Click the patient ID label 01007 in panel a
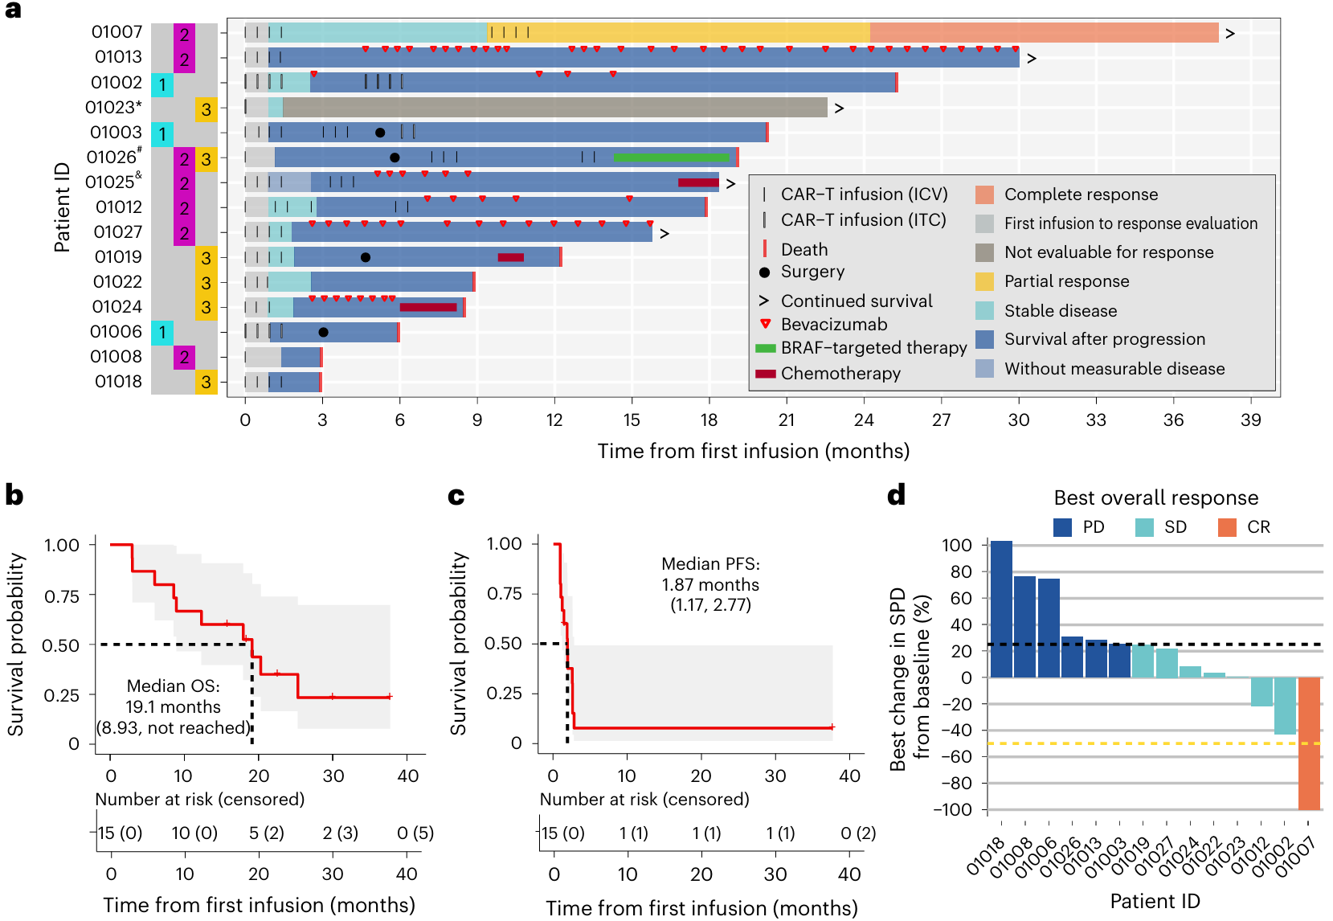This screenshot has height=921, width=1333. tap(117, 32)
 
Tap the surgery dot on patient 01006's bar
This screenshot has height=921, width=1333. tap(323, 332)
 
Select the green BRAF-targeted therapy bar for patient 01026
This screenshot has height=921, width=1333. tap(671, 158)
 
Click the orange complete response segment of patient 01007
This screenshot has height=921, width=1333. tap(1045, 33)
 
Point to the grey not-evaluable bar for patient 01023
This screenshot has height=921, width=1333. tap(554, 107)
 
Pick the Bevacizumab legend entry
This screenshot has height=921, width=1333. tap(824, 325)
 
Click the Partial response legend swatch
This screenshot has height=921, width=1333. tap(985, 281)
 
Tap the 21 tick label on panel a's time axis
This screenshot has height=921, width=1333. tap(786, 420)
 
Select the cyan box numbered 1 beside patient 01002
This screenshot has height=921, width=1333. tap(162, 84)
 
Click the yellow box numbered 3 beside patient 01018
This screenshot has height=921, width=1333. tap(206, 382)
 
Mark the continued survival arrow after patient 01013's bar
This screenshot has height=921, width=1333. tap(1032, 59)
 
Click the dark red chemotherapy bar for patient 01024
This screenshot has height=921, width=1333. tap(428, 307)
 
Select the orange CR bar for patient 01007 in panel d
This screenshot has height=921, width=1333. tap(1309, 743)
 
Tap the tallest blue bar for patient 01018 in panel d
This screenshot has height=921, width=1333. tap(1001, 609)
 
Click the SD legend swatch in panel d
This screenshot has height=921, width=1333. tap(1144, 527)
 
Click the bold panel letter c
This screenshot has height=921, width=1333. tap(456, 496)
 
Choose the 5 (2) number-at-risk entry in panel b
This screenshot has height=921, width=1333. tap(266, 833)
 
